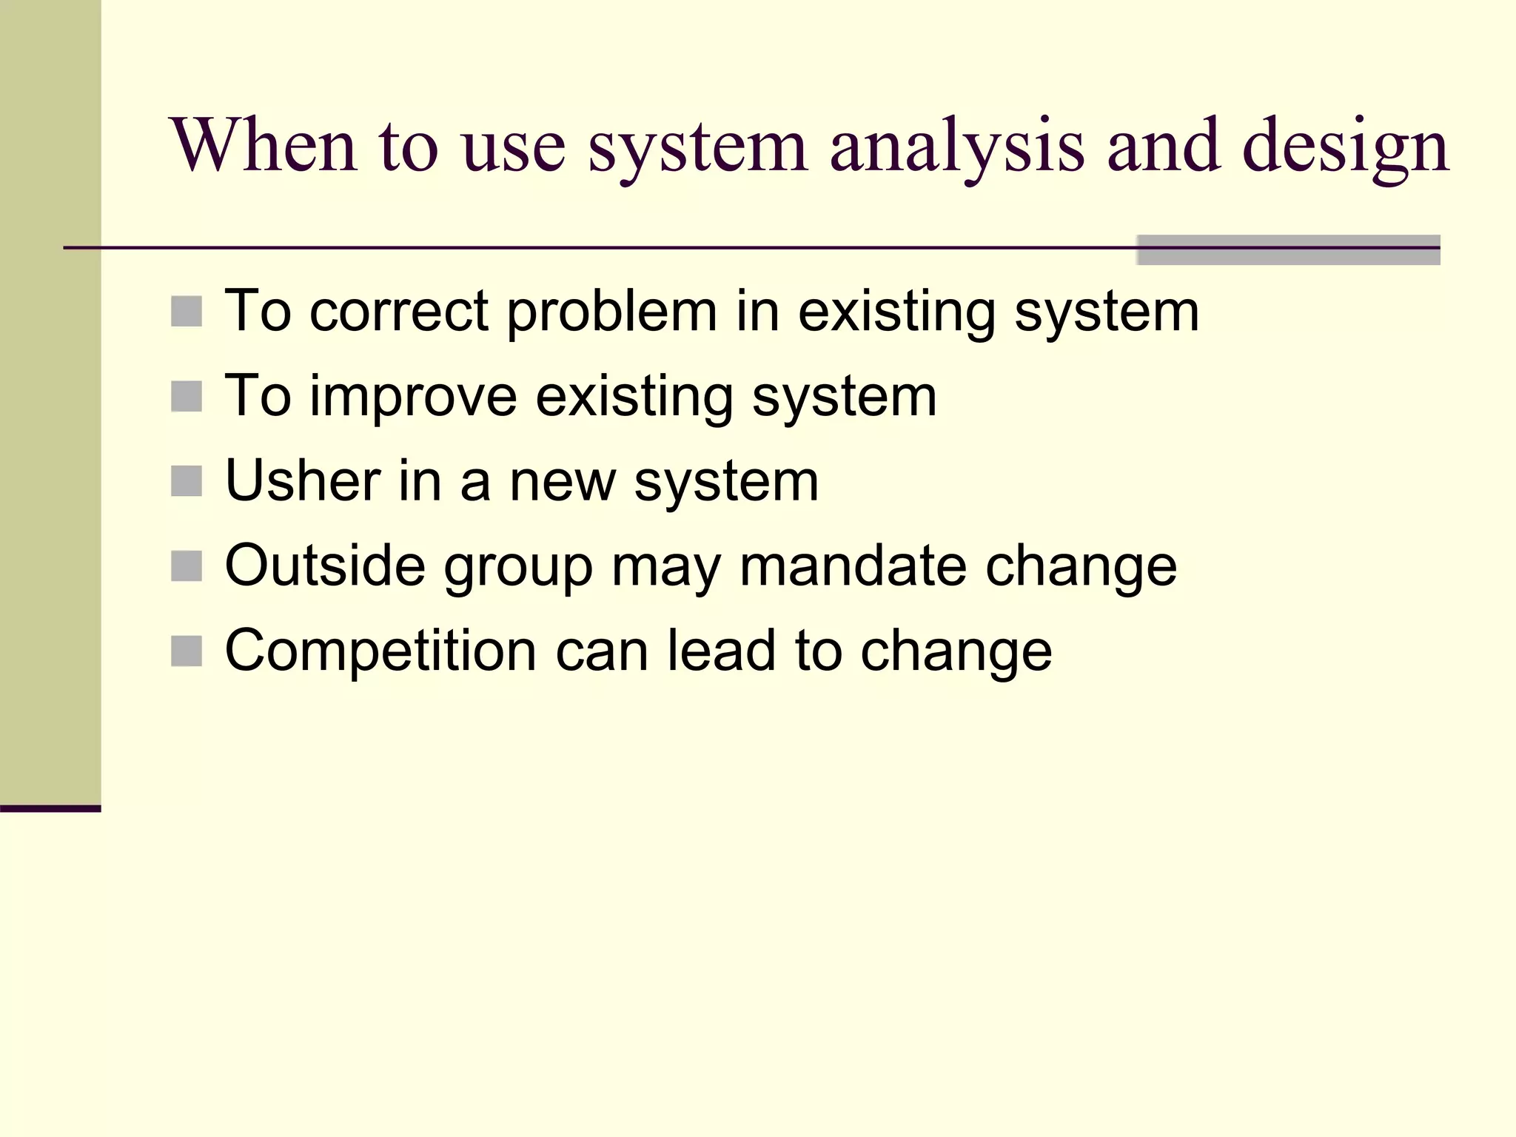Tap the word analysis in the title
956,147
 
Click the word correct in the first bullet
399,311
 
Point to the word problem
611,311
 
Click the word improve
412,396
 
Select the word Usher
303,481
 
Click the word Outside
324,566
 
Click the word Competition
380,651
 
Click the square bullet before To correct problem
187,312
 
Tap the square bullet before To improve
187,397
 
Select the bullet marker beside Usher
187,482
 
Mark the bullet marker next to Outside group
187,567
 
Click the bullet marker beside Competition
187,652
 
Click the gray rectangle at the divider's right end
1288,250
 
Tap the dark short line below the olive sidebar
50,808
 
